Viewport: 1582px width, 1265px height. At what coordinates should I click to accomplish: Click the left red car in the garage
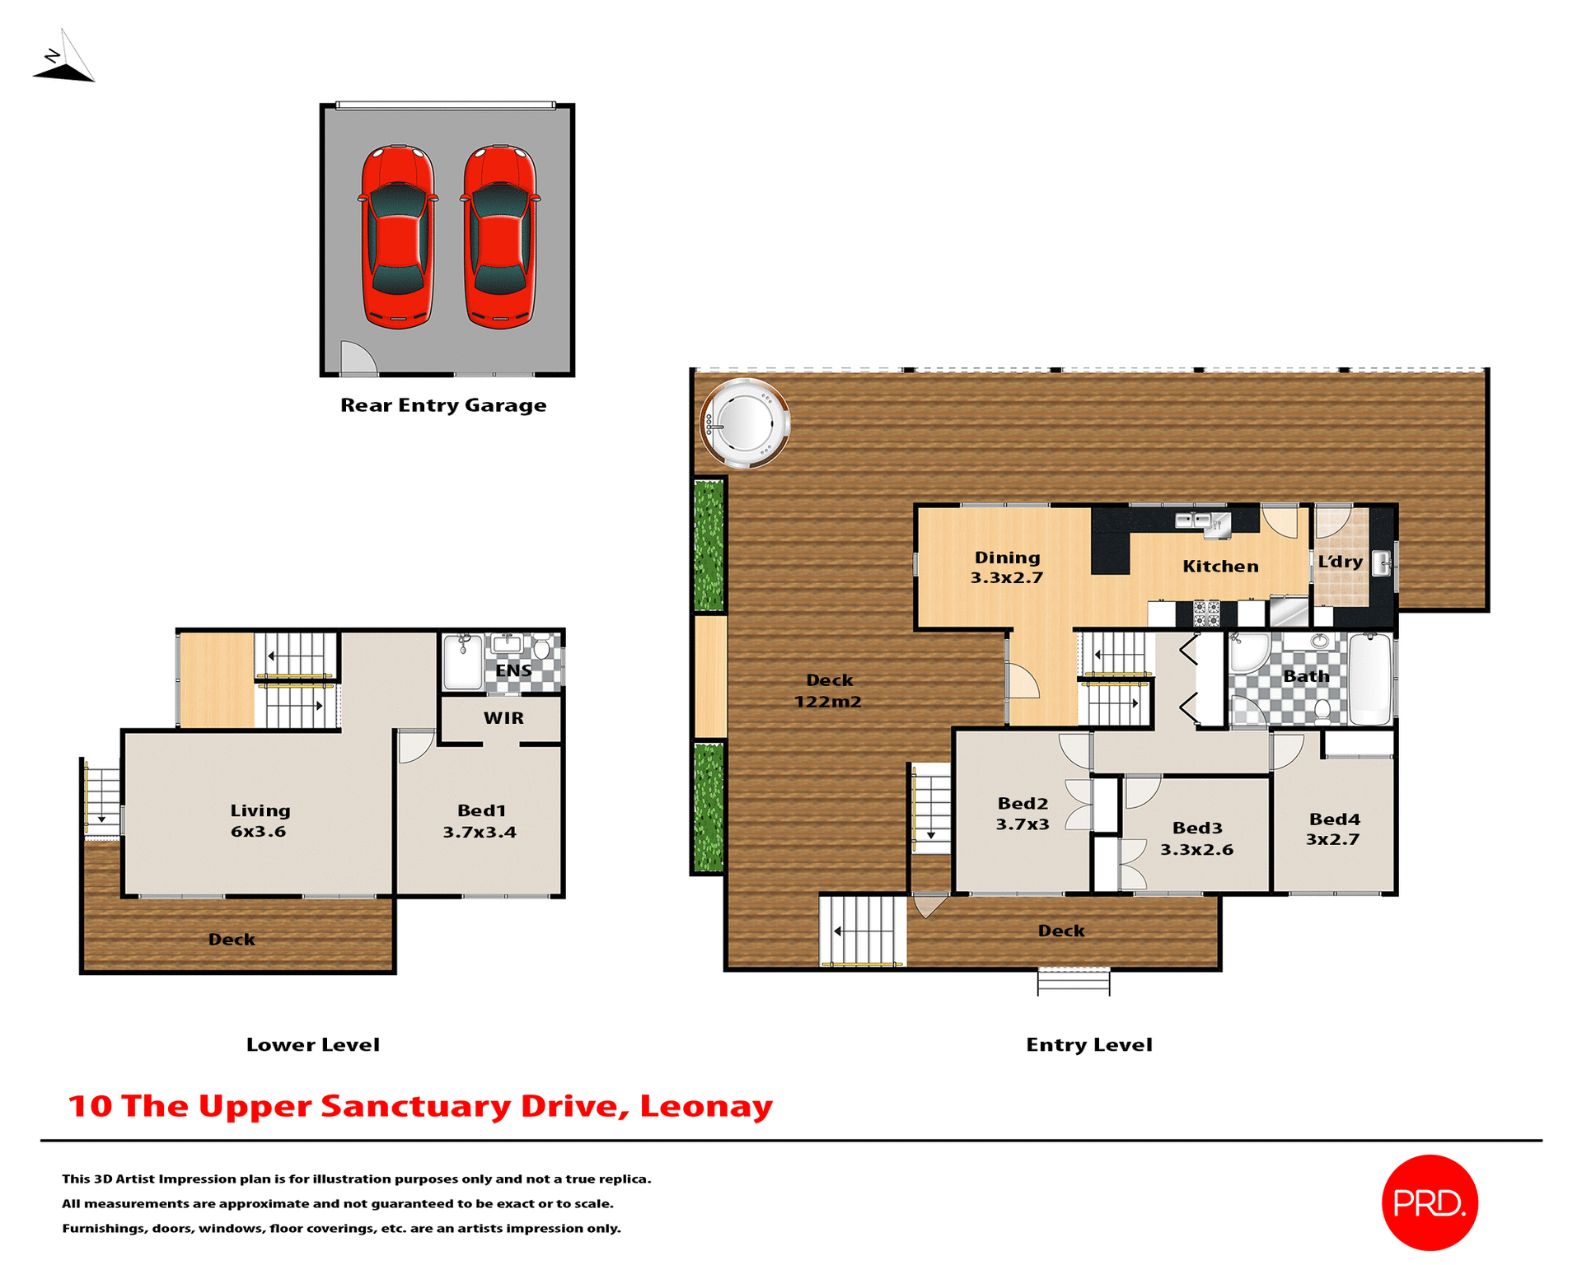[398, 237]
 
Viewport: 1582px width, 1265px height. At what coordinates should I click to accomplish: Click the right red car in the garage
[500, 237]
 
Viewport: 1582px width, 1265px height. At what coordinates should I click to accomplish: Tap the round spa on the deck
[744, 423]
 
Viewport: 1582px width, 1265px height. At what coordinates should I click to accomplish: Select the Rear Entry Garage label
[443, 405]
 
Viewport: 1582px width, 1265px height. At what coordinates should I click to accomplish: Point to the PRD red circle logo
[1430, 1202]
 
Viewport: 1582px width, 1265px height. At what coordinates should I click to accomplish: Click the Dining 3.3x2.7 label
[1007, 567]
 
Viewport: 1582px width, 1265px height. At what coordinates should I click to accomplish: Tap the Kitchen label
[1220, 567]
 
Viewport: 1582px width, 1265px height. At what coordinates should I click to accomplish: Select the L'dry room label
[1340, 562]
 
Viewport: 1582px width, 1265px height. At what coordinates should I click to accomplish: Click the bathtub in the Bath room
[1370, 679]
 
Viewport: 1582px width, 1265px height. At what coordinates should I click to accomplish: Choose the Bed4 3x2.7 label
[1334, 829]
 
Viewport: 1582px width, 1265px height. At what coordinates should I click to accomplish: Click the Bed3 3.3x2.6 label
[1197, 838]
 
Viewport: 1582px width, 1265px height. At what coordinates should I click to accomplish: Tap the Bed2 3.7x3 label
[1023, 814]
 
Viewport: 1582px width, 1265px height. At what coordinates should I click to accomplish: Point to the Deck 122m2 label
[829, 691]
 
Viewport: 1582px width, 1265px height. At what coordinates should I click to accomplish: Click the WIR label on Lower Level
[503, 718]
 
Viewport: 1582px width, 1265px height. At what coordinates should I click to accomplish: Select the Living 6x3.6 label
[260, 821]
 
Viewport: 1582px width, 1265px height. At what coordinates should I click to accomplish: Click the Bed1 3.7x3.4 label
[480, 821]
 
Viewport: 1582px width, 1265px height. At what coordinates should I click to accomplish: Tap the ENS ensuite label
[513, 670]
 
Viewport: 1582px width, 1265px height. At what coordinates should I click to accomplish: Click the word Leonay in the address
[706, 1106]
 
